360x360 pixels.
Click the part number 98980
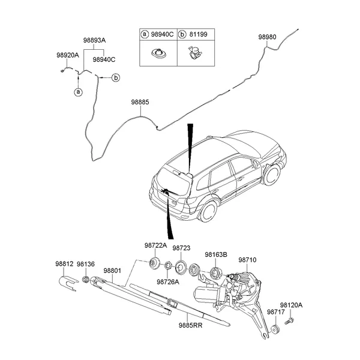(268, 37)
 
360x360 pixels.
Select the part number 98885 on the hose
(140, 103)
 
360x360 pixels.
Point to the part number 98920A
(68, 55)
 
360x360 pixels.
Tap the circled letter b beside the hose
(116, 77)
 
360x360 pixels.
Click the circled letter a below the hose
(77, 92)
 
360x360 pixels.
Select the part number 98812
(64, 264)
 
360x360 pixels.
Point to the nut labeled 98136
(86, 279)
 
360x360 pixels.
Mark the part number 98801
(112, 271)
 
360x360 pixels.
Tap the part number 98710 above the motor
(247, 260)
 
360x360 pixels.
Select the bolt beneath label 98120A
(287, 322)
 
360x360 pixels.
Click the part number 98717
(275, 312)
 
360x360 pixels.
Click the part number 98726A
(168, 282)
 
